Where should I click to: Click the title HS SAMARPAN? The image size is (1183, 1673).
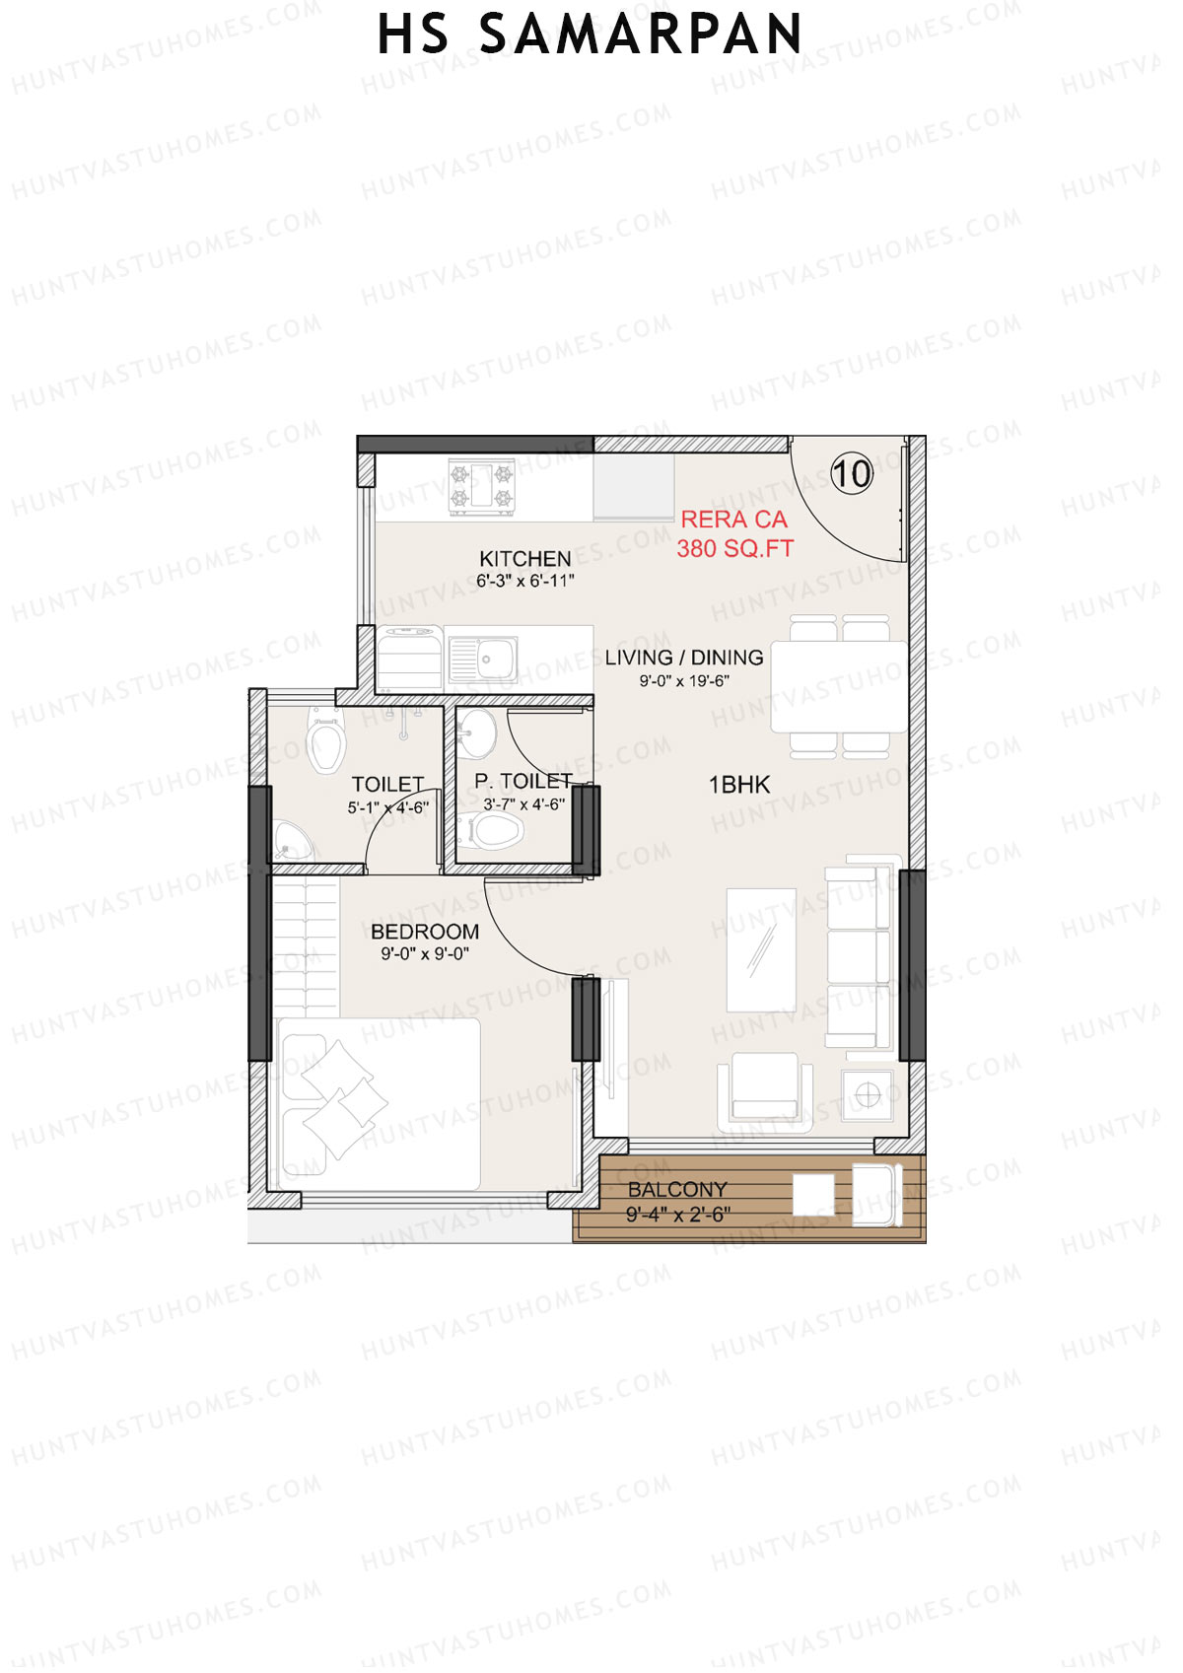[590, 35]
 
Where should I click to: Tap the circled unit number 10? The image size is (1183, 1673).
[852, 474]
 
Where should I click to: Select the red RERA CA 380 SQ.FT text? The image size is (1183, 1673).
[734, 534]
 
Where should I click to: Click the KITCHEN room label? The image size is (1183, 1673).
[524, 559]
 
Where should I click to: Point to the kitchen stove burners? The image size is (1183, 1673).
[482, 486]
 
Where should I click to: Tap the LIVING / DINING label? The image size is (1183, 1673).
[684, 658]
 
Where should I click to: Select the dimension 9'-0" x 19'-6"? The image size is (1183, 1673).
[684, 681]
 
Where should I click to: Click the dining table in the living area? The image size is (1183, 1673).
[839, 686]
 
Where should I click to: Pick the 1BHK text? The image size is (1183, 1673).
[739, 785]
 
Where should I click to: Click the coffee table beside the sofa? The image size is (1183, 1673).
[761, 950]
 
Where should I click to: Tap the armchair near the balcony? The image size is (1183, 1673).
[765, 1090]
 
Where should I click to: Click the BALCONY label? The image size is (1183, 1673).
[677, 1190]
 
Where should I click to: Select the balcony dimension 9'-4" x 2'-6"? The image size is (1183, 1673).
[677, 1215]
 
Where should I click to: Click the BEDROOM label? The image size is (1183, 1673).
[425, 932]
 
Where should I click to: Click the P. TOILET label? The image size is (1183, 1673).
[522, 781]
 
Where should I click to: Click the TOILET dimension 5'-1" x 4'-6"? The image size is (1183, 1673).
[387, 807]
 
